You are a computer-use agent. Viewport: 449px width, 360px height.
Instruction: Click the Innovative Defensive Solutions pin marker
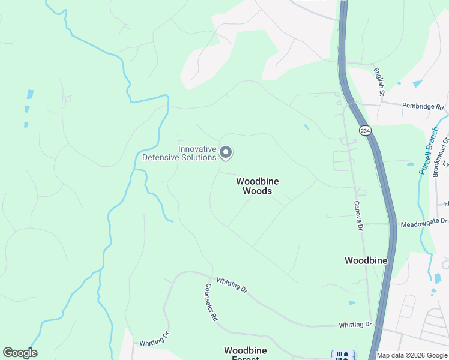[x=226, y=153]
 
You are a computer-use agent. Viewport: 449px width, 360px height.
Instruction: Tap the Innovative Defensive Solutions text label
[x=179, y=154]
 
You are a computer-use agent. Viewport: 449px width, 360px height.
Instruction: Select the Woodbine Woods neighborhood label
[x=257, y=186]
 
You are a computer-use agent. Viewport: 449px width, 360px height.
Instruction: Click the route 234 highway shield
[x=364, y=130]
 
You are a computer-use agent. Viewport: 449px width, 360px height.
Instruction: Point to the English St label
[x=379, y=82]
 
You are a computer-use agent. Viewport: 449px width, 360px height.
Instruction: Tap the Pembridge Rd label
[x=423, y=107]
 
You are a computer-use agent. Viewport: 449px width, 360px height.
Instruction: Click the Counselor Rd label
[x=211, y=302]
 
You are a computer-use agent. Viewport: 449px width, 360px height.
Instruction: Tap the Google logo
[x=20, y=353]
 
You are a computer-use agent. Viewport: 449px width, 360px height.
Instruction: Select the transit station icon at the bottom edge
[x=343, y=355]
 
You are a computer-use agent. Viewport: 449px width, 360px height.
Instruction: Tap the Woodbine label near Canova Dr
[x=366, y=260]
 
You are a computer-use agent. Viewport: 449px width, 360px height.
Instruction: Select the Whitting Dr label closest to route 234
[x=355, y=325]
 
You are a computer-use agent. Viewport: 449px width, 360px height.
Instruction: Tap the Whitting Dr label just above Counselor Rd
[x=232, y=284]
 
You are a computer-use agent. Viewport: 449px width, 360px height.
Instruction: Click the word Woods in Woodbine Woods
[x=257, y=191]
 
